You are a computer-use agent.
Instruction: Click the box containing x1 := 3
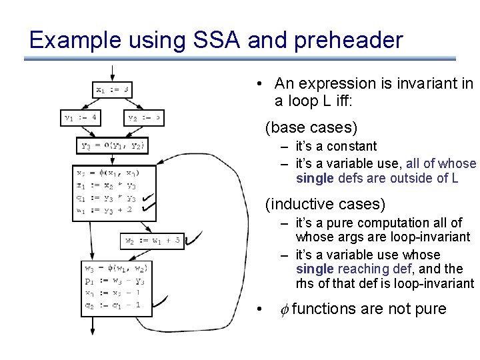pyautogui.click(x=112, y=89)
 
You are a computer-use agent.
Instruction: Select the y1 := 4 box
pyautogui.click(x=81, y=118)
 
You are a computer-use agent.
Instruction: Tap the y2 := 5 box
pyautogui.click(x=145, y=118)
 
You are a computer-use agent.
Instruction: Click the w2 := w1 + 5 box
pyautogui.click(x=153, y=241)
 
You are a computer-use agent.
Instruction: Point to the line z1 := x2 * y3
pyautogui.click(x=107, y=185)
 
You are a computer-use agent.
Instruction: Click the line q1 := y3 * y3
pyautogui.click(x=107, y=197)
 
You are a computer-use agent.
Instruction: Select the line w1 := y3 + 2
pyautogui.click(x=107, y=209)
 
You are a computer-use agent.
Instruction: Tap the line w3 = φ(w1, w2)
pyautogui.click(x=114, y=269)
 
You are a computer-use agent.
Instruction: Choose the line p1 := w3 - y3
pyautogui.click(x=114, y=281)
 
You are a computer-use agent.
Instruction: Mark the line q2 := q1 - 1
pyautogui.click(x=114, y=305)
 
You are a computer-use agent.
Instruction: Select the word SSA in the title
pyautogui.click(x=213, y=40)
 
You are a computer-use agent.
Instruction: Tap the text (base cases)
pyautogui.click(x=311, y=126)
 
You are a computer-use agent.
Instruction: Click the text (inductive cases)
pyautogui.click(x=325, y=203)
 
